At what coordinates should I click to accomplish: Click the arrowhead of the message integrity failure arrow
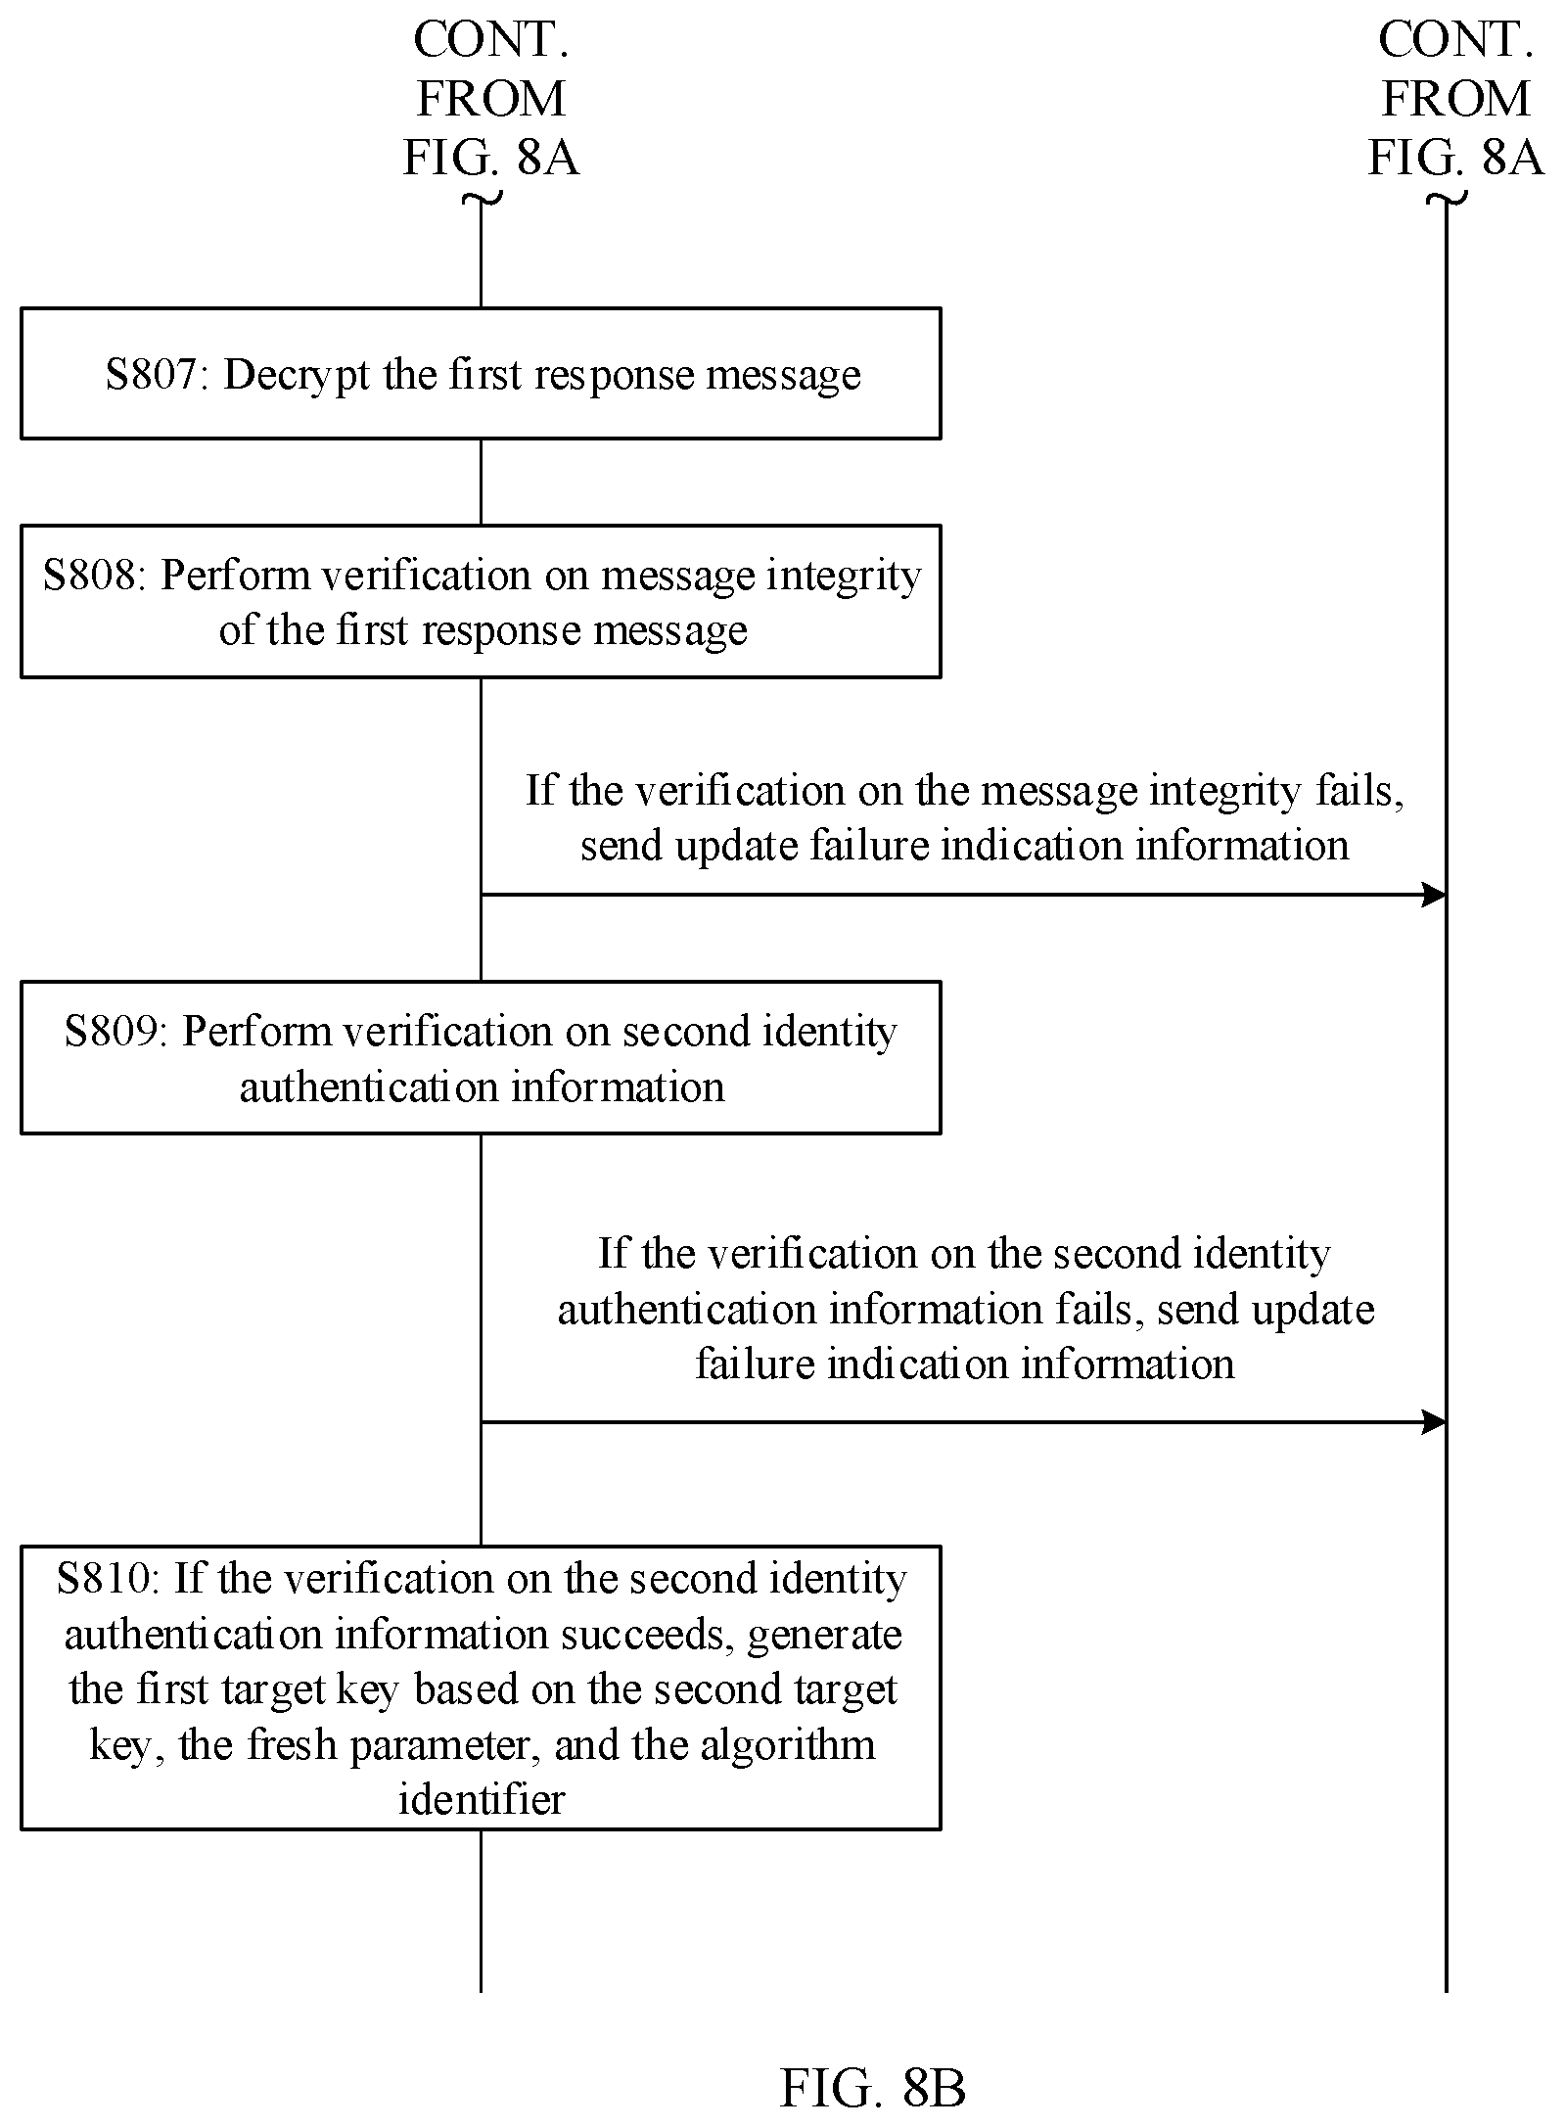coord(1434,895)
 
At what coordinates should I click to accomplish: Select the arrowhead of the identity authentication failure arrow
coord(1434,1422)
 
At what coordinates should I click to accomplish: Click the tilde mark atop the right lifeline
coord(1447,200)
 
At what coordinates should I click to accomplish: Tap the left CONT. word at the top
coord(491,40)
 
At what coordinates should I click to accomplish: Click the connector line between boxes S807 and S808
coord(481,482)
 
